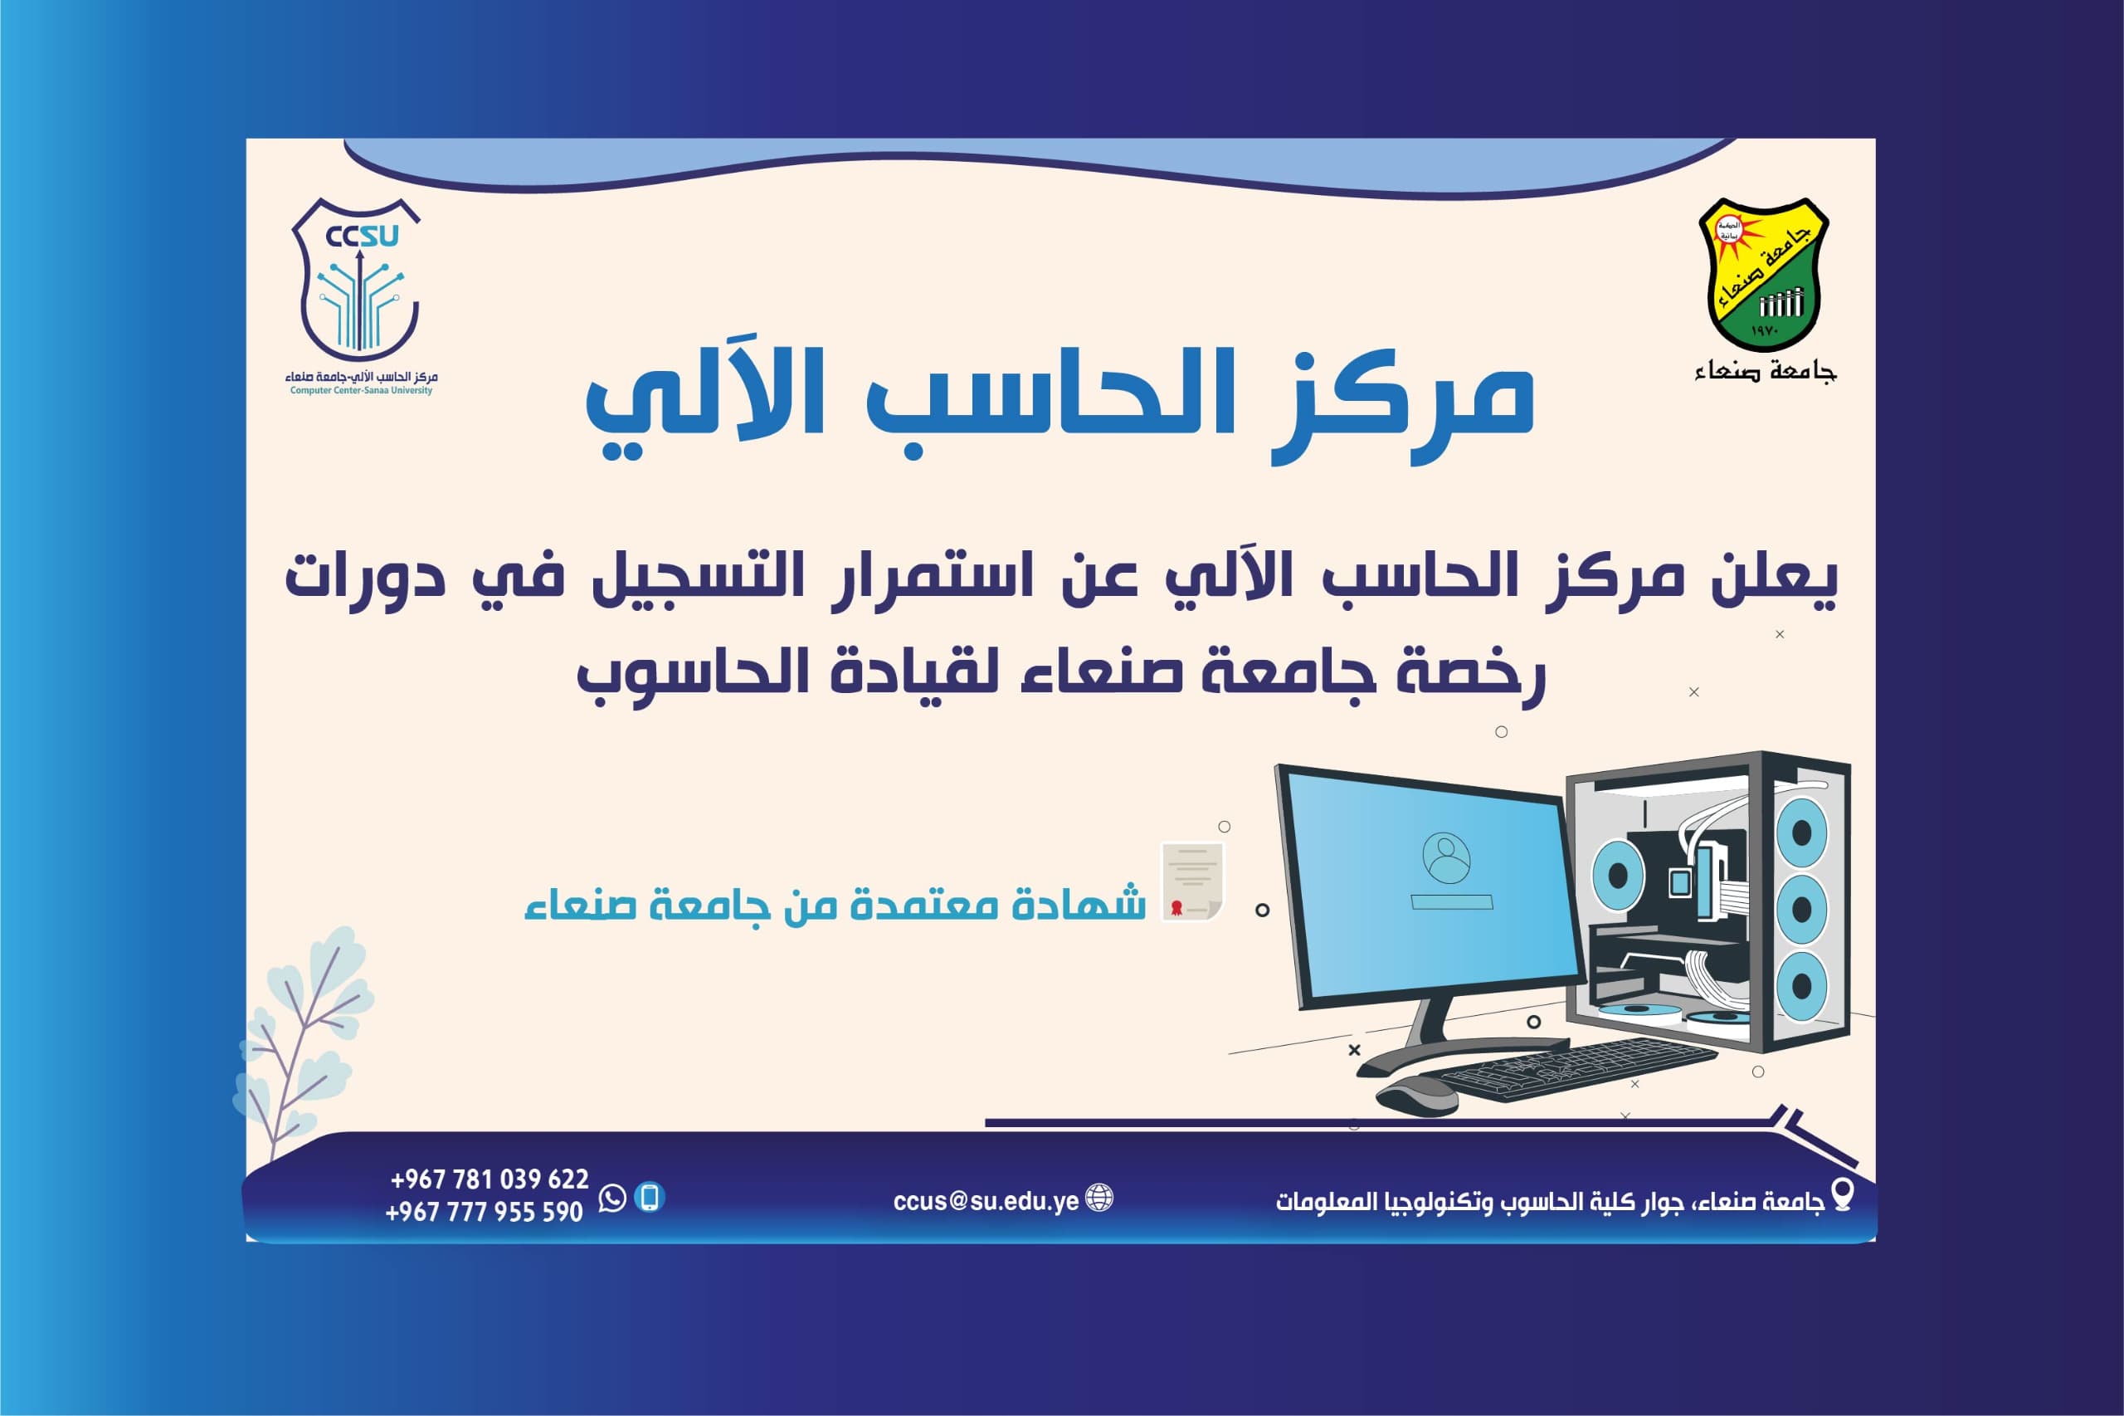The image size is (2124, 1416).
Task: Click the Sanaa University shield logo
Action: coord(1763,274)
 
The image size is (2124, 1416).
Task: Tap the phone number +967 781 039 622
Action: coord(490,1179)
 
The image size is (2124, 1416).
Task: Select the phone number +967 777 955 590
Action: coord(485,1211)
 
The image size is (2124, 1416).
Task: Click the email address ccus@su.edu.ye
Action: coord(986,1200)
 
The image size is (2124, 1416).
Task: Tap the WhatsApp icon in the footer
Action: coord(612,1199)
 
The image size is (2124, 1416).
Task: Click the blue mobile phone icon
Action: coord(650,1198)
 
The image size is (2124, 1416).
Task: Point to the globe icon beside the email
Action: coord(1099,1199)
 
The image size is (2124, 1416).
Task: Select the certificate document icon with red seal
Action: coord(1191,881)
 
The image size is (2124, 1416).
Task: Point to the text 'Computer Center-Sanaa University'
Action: coord(361,391)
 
